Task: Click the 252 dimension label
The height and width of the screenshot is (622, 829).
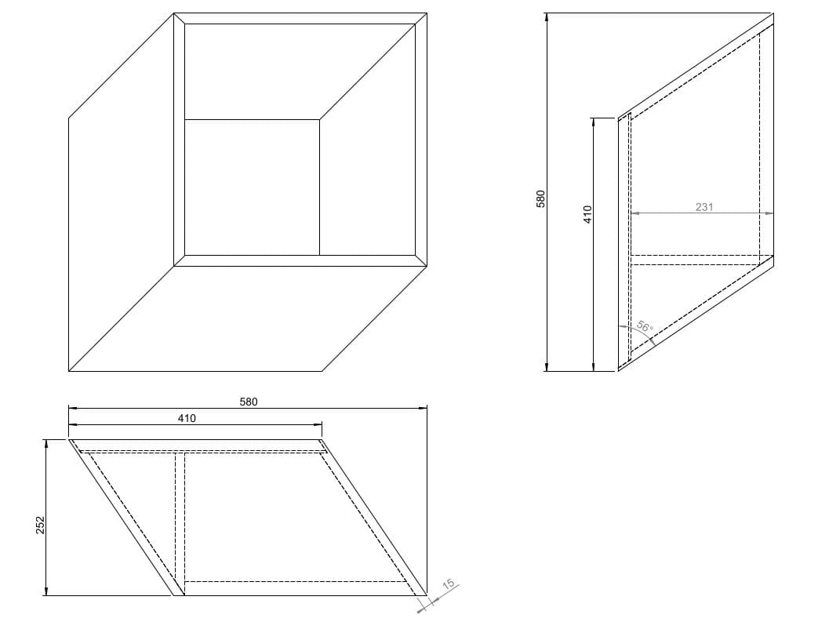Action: [41, 525]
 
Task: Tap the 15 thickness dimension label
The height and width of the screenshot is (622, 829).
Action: [448, 584]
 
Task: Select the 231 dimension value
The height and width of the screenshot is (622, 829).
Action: [704, 207]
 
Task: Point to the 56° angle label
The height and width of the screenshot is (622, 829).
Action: [645, 327]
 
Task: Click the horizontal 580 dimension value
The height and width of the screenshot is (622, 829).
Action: [249, 402]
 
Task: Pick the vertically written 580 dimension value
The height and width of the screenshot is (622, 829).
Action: [540, 199]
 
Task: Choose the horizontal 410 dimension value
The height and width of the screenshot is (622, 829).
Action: [187, 418]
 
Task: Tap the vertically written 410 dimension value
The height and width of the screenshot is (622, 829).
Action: [588, 215]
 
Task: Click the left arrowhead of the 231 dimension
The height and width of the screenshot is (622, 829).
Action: [635, 213]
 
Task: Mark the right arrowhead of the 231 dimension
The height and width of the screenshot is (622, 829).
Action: [769, 213]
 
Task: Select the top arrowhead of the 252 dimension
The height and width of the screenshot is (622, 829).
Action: [46, 444]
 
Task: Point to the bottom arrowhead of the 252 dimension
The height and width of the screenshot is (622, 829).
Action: [46, 591]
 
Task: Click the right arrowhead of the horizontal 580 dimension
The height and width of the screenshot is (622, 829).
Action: [423, 408]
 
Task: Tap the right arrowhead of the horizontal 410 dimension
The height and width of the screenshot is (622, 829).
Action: [318, 424]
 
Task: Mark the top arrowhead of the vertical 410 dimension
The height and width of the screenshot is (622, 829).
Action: [594, 122]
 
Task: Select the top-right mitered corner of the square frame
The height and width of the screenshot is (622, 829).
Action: [421, 19]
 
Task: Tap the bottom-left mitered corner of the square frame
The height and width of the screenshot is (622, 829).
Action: [180, 260]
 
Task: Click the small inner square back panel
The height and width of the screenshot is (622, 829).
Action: [253, 187]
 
